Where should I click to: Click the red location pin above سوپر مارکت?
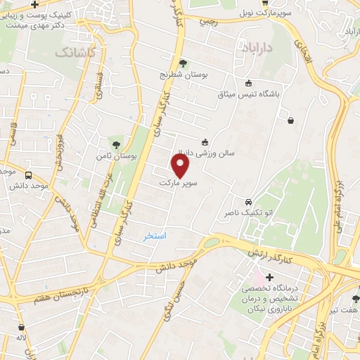[181, 166]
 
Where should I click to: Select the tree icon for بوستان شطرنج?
[184, 63]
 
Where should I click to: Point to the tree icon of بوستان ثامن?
[116, 143]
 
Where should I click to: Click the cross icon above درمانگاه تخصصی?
[269, 277]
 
